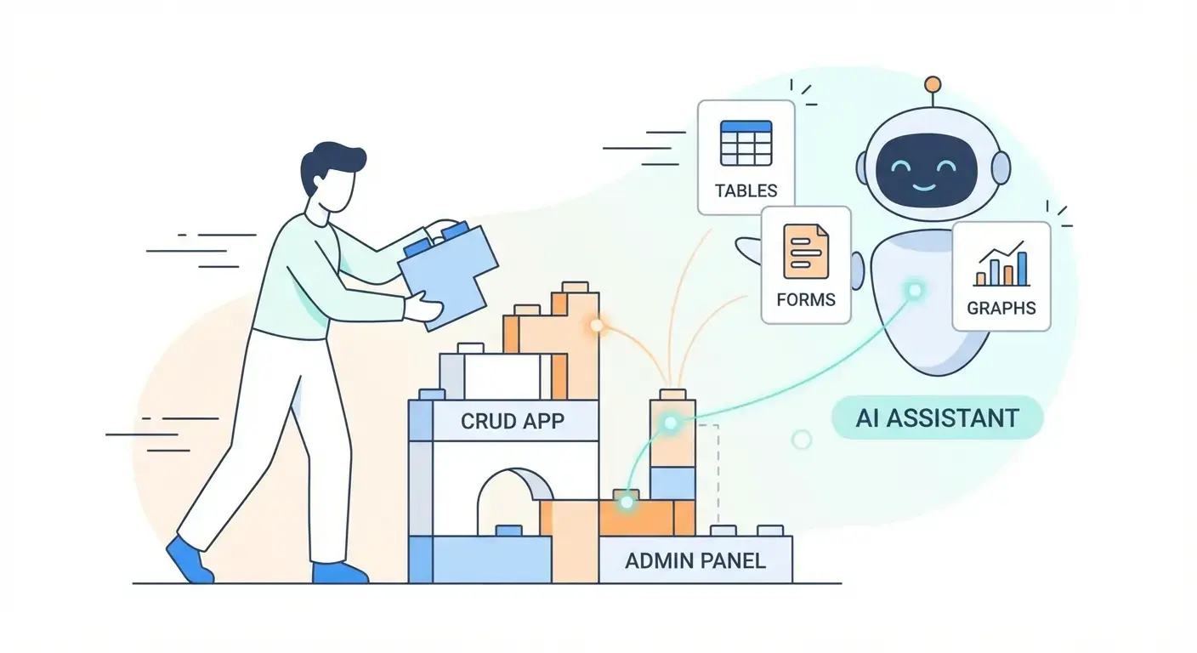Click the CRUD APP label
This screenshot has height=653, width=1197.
[x=512, y=420]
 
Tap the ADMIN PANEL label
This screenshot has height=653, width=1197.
[x=695, y=560]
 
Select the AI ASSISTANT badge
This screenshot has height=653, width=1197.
[x=937, y=417]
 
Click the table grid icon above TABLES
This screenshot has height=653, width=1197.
[x=746, y=143]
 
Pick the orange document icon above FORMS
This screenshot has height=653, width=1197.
[x=805, y=251]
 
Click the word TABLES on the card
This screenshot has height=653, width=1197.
[x=746, y=190]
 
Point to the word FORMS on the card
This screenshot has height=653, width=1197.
[x=805, y=299]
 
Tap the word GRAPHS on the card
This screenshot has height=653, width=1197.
[x=1001, y=308]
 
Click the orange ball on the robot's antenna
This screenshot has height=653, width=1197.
[x=933, y=84]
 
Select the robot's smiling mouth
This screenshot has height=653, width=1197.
[x=922, y=185]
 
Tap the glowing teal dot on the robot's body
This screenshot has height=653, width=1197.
[x=915, y=291]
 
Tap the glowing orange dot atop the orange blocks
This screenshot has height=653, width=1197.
[x=597, y=325]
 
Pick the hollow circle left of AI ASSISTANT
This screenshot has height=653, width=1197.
[x=801, y=439]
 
